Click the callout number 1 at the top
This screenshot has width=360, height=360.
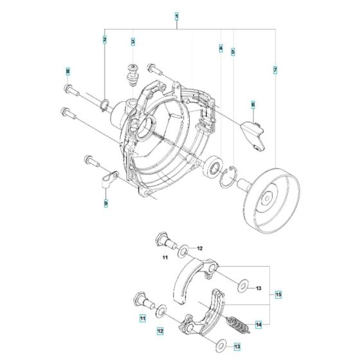[177, 14]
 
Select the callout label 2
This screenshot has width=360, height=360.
[104, 40]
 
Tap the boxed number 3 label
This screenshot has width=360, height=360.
[132, 42]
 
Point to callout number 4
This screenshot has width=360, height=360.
[221, 49]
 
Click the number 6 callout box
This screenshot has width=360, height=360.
[253, 104]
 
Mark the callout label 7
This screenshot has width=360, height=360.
[275, 69]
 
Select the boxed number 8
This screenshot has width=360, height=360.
[66, 70]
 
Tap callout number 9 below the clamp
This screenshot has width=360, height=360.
[105, 204]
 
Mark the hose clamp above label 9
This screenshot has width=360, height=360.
[107, 176]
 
